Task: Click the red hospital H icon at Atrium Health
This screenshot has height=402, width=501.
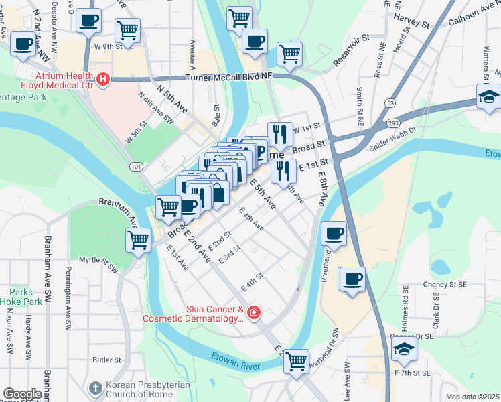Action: coord(102,80)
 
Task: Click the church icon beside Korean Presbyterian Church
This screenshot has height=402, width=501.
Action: coord(94,388)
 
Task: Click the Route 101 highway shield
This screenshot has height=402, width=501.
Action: coord(137,165)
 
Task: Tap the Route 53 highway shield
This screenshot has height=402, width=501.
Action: coord(389,103)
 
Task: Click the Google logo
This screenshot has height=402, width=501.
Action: coord(21,394)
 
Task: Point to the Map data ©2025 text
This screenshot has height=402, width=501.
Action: coord(473,397)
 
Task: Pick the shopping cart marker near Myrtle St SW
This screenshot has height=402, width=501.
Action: coord(139,239)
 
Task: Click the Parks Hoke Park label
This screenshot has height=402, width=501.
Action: coord(26,297)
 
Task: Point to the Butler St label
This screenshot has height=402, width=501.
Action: coord(106,360)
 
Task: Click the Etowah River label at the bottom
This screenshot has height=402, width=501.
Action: coord(235,362)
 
